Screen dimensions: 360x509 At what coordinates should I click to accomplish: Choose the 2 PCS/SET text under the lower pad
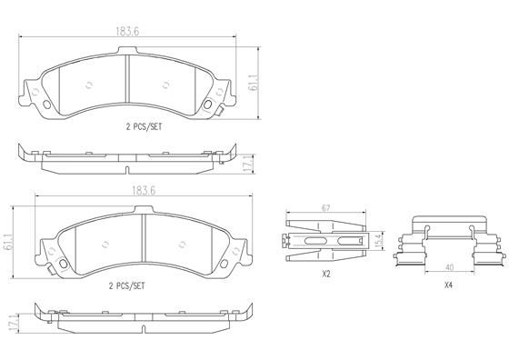click(x=126, y=285)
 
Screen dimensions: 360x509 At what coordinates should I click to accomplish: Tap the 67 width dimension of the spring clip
click(x=324, y=208)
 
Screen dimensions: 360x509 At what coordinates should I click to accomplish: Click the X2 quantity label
click(x=324, y=274)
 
